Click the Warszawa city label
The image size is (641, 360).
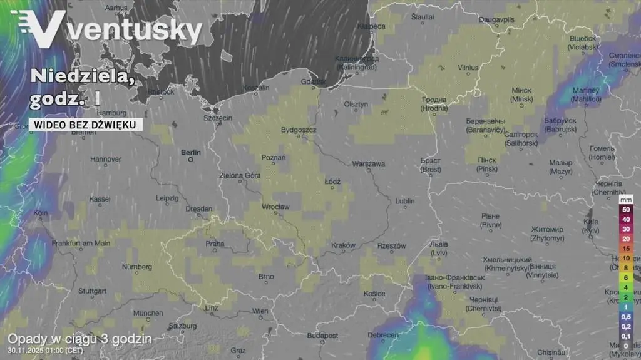tap(368, 163)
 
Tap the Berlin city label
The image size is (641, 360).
tap(190, 152)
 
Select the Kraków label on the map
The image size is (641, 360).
tap(343, 245)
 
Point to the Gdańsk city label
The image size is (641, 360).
tap(314, 81)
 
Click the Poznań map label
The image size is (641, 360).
tap(274, 158)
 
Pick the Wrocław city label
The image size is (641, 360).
tap(276, 207)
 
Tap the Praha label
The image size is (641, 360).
tap(215, 244)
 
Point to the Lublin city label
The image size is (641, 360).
tap(404, 201)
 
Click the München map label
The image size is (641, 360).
tap(148, 313)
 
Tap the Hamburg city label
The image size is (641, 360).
tap(112, 113)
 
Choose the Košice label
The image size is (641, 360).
tap(374, 293)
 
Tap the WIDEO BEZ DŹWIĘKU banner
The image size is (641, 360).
tap(85, 125)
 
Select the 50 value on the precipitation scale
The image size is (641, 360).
tap(625, 210)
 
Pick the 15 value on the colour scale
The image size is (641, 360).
tap(625, 249)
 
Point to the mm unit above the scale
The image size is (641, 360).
tap(625, 199)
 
